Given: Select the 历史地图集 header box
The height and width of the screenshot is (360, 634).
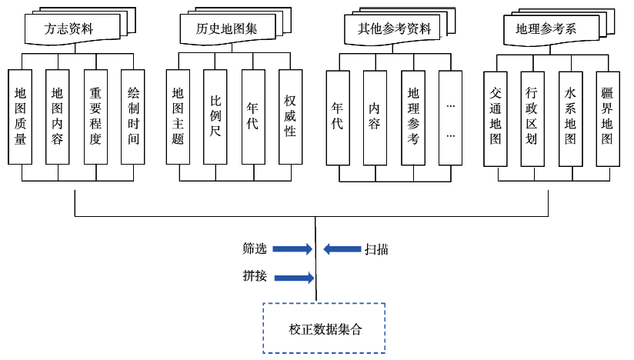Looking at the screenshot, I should tap(226, 28).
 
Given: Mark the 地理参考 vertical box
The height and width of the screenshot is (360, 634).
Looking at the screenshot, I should tap(413, 117).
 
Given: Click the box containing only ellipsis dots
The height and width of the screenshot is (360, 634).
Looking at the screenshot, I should tap(450, 117).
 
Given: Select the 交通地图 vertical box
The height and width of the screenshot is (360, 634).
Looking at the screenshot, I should tap(496, 117).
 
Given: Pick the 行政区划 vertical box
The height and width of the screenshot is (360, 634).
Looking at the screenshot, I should tap(532, 117).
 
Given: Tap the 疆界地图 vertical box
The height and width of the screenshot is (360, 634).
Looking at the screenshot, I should tap(608, 117).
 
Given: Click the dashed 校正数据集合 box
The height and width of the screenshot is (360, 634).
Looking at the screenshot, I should tap(324, 328).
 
